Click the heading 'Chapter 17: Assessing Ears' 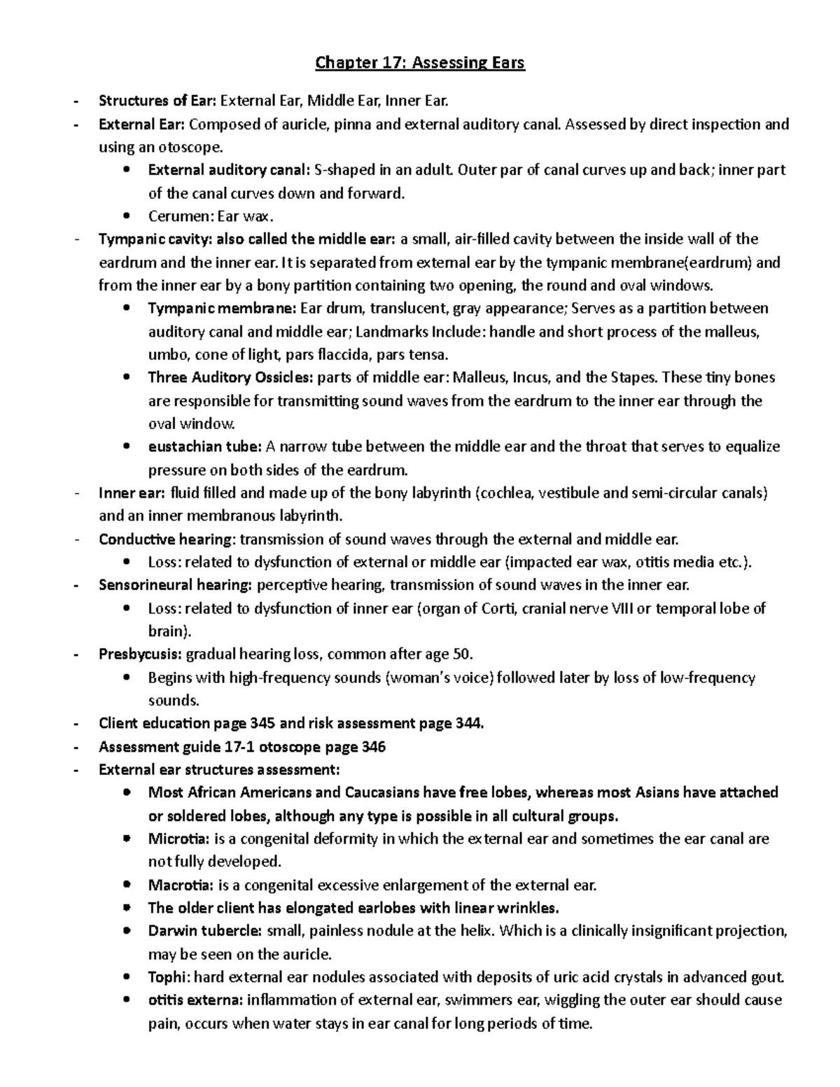pos(420,64)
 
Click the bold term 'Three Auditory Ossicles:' pos(230,378)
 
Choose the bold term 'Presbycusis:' pos(141,654)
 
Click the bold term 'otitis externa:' pos(195,1000)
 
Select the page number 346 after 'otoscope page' pos(372,747)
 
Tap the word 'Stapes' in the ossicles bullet pos(634,378)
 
